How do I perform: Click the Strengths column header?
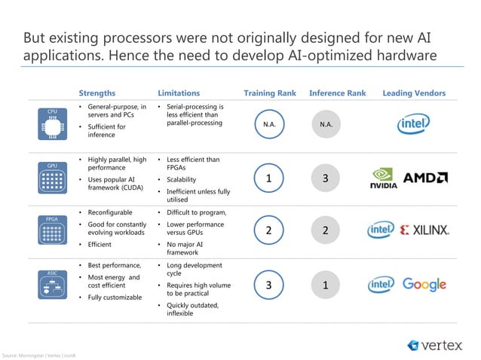(x=97, y=93)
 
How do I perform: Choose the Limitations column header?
(x=179, y=93)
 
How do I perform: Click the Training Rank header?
(x=270, y=93)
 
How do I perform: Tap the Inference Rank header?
(x=337, y=93)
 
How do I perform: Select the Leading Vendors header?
(x=414, y=93)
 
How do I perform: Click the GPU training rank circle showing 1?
(x=269, y=178)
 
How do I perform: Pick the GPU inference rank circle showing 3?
(x=325, y=178)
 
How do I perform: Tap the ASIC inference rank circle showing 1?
(x=325, y=285)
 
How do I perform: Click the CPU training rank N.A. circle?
(x=269, y=124)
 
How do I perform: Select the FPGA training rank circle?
(x=269, y=230)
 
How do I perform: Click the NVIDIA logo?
(x=383, y=179)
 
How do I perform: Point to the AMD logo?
(x=426, y=178)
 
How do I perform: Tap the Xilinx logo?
(x=424, y=230)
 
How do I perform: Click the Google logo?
(x=424, y=285)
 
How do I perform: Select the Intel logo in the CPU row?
(x=414, y=124)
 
